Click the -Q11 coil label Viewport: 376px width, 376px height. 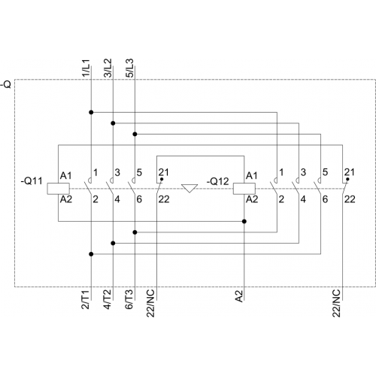[x=32, y=180]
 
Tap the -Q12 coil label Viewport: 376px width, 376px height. [x=217, y=181]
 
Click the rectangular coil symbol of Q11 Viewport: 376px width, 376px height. [x=59, y=189]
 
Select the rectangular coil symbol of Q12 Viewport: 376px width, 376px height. [x=244, y=189]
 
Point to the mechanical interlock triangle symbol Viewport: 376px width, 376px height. [x=190, y=188]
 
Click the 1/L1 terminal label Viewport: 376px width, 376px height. [x=86, y=68]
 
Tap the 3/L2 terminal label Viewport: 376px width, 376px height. [x=108, y=68]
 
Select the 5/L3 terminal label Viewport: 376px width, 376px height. [x=129, y=68]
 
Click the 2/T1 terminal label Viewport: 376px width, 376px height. [x=86, y=299]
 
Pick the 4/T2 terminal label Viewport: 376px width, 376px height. [x=108, y=299]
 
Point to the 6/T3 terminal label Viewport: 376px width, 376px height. [x=129, y=299]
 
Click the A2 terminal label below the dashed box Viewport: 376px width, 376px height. [x=239, y=296]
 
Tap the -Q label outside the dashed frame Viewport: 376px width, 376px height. [x=6, y=84]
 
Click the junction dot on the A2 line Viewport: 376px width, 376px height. [x=244, y=221]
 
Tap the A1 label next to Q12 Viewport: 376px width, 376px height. [x=252, y=176]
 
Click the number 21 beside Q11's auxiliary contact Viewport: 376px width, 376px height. [x=163, y=172]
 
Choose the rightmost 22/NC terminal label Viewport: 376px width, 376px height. [x=336, y=303]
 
